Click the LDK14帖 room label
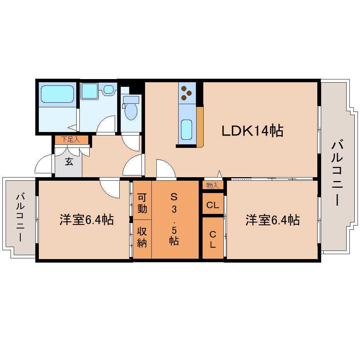pos(252,131)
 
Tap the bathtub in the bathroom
pos(57,94)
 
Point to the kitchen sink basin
pos(186,130)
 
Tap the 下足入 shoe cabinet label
pos(71,139)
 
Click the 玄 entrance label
pos(69,162)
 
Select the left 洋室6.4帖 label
pos(86,220)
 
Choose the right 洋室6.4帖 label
pos(273,220)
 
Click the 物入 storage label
pos(212,185)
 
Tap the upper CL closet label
pos(213,204)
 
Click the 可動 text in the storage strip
pos(142,203)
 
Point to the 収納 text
pos(142,237)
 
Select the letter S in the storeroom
pos(173,196)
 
